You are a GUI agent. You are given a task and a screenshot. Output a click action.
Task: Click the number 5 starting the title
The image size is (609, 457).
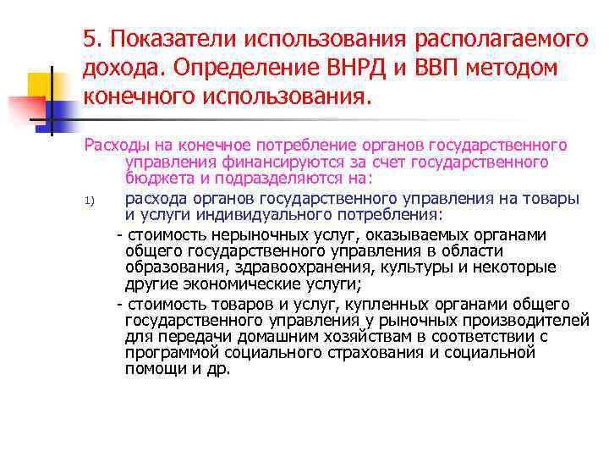91,39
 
